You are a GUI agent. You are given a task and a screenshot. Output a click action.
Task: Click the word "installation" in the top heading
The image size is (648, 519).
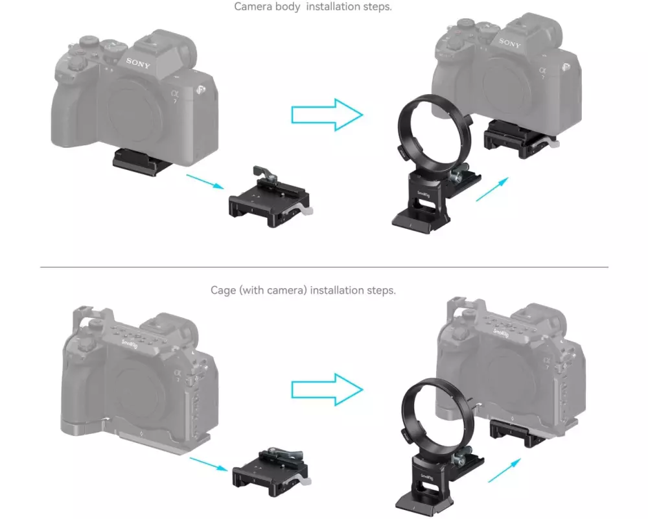point(332,6)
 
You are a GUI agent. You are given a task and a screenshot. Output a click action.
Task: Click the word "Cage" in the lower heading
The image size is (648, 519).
point(223,290)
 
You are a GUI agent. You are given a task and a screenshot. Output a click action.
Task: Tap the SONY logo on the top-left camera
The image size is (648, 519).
point(138,63)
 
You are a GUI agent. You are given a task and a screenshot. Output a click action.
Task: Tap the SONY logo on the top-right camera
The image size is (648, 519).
point(509,43)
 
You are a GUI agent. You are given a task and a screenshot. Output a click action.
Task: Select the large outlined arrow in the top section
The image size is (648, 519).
point(327,115)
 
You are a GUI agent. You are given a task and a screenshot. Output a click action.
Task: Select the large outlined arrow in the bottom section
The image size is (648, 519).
point(327,389)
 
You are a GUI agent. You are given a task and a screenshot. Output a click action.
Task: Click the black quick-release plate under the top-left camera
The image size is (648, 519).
point(142,163)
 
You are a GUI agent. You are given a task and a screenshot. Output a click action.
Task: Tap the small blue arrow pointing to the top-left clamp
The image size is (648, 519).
point(205,182)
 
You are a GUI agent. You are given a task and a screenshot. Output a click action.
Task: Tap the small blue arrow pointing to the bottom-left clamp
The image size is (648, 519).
point(209,465)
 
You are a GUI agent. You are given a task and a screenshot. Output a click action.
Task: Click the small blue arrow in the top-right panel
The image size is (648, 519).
point(492,189)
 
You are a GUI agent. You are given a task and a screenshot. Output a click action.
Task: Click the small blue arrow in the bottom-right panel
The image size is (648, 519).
point(504,470)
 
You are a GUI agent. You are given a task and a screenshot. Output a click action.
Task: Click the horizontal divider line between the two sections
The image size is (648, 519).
point(324,267)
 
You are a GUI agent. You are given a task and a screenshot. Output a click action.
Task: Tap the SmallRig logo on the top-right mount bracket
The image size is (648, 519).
point(423,194)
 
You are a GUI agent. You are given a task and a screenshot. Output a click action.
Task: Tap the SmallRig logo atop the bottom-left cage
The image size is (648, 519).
point(129,344)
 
